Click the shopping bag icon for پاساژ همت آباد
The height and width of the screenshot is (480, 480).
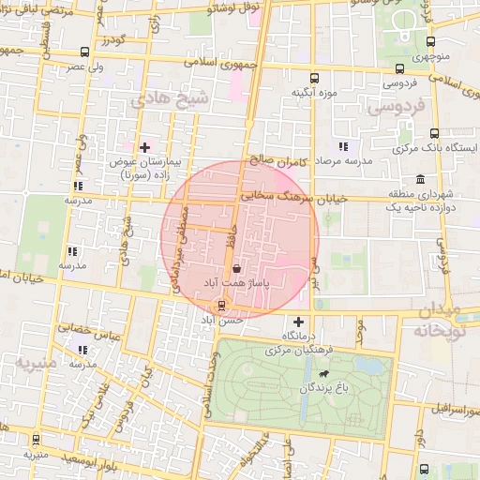pyautogui.click(x=234, y=269)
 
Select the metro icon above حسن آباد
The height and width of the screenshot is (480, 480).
pyautogui.click(x=221, y=306)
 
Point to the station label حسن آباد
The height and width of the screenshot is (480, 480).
pyautogui.click(x=220, y=320)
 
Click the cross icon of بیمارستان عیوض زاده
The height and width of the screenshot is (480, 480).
pyautogui.click(x=144, y=147)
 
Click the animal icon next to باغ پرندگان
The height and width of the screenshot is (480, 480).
pyautogui.click(x=323, y=374)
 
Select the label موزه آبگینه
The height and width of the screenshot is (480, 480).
pyautogui.click(x=313, y=93)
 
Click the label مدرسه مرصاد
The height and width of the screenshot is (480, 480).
pyautogui.click(x=343, y=161)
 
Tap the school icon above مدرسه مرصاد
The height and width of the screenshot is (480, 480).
pyautogui.click(x=343, y=146)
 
